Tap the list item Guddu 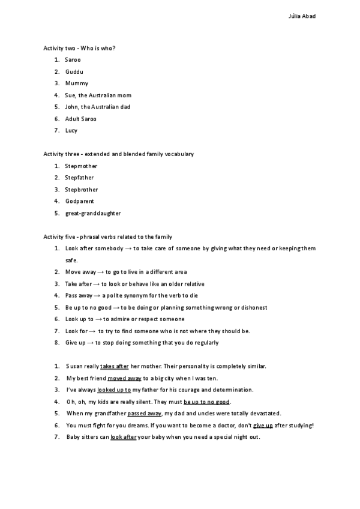coord(74,71)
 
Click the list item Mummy coord(77,83)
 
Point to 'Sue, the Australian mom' coord(98,95)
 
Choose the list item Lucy coord(71,130)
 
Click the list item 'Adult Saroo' coord(81,119)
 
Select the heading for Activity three coord(118,154)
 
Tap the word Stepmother coord(81,166)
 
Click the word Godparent coord(80,201)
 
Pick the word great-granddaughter coord(93,213)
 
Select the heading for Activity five coord(107,236)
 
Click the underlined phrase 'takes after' coord(115,366)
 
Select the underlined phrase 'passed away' coord(145,413)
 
